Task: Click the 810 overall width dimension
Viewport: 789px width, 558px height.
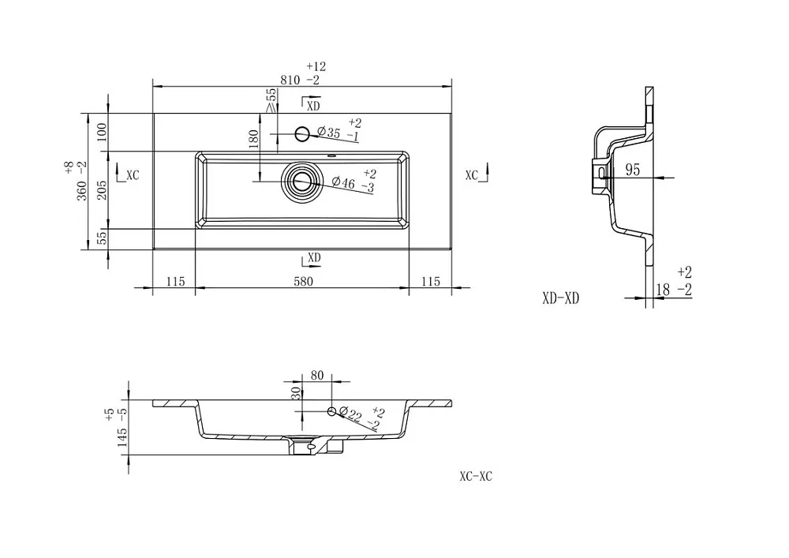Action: click(290, 80)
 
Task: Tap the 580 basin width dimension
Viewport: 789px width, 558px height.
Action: click(304, 281)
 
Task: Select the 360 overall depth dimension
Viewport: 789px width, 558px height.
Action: click(82, 190)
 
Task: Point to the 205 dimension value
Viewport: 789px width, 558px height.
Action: click(102, 190)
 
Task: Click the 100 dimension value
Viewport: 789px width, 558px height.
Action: click(102, 132)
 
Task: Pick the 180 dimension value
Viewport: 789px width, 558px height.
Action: click(253, 139)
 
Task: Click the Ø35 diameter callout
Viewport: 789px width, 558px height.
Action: click(329, 133)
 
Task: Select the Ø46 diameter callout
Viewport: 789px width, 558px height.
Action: click(344, 182)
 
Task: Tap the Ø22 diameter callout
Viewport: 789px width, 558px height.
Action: click(351, 414)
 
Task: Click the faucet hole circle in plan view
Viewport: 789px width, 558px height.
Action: click(302, 134)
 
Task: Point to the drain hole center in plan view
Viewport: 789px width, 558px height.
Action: click(302, 182)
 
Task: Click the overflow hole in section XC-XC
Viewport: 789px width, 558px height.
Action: click(331, 411)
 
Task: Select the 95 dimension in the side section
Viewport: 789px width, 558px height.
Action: click(633, 170)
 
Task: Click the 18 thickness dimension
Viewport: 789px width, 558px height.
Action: click(664, 290)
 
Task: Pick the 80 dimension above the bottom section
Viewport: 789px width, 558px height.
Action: click(317, 376)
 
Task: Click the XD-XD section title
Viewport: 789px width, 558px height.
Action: click(561, 298)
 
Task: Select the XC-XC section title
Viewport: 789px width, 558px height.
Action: click(476, 476)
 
